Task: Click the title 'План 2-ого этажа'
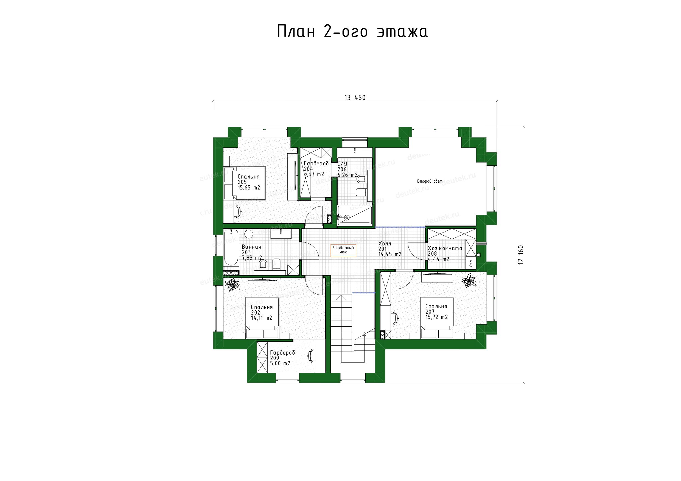(352, 32)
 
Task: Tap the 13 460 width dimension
(355, 98)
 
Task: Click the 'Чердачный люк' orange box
(343, 250)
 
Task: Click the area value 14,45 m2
(390, 254)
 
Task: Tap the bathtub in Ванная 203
(231, 247)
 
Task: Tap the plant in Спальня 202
(232, 284)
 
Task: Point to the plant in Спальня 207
(469, 280)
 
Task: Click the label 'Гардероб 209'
(282, 355)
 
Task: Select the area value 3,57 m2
(314, 174)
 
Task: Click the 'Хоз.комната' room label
(445, 248)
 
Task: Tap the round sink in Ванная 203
(249, 234)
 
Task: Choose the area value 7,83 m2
(252, 258)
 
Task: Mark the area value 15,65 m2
(249, 188)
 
